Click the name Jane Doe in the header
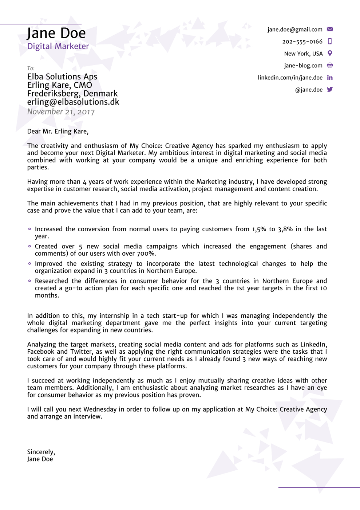56,33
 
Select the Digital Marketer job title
58,46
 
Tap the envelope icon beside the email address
330,29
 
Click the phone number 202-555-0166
302,42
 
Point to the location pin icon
330,53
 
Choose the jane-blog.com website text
303,66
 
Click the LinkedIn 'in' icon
330,78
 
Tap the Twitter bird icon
330,90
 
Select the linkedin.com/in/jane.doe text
290,78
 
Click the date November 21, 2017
61,112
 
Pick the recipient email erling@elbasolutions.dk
73,102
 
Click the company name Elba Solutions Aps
62,76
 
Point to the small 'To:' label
31,68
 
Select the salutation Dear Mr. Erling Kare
58,132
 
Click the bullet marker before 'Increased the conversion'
29,229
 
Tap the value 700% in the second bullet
146,254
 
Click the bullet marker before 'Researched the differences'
29,281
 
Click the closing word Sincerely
41,452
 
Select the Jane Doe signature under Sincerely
40,459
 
